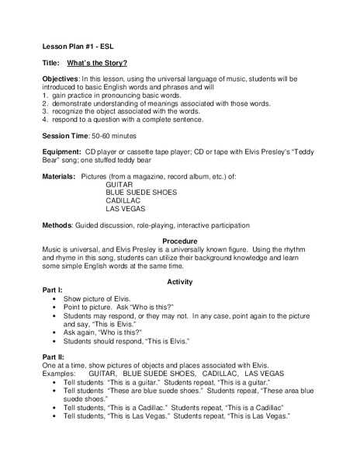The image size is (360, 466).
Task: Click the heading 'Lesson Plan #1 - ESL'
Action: tap(78, 45)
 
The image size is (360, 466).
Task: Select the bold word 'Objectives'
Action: tap(61, 80)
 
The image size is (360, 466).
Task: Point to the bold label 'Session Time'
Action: tap(67, 132)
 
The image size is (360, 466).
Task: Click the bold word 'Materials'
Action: tap(60, 176)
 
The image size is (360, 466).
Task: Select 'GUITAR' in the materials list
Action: tap(120, 184)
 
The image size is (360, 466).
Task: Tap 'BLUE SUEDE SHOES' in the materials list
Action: tap(141, 192)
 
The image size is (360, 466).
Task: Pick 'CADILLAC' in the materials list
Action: tap(125, 200)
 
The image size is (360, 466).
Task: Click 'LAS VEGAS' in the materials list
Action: tap(126, 209)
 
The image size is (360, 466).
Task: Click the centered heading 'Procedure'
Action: tap(180, 242)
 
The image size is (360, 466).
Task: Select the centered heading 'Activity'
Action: tap(180, 281)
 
